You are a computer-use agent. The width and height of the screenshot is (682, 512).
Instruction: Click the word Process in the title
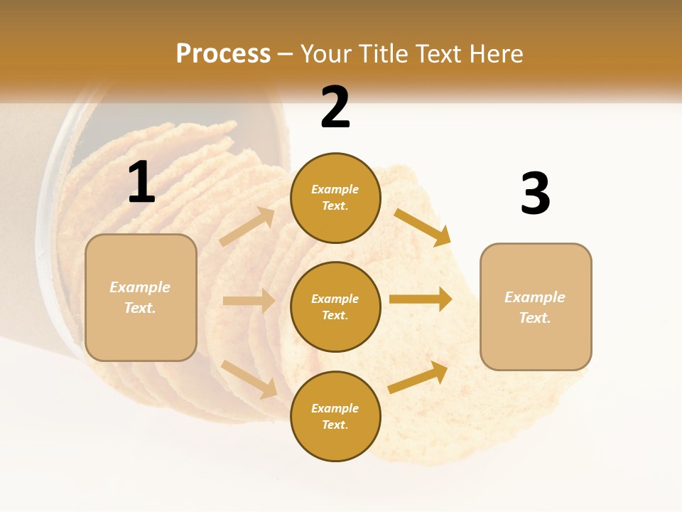click(x=223, y=53)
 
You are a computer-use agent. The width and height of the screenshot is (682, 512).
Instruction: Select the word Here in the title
click(x=494, y=53)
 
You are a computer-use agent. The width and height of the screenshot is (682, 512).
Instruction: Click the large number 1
click(x=141, y=183)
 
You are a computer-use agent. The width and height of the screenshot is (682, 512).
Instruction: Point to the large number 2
click(x=335, y=107)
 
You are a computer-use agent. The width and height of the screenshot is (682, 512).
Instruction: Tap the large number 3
click(x=535, y=193)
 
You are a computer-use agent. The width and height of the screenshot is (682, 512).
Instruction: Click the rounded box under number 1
click(x=141, y=297)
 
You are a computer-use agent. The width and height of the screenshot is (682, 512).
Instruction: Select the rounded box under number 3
click(x=536, y=306)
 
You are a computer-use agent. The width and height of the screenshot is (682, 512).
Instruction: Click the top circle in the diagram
click(x=335, y=198)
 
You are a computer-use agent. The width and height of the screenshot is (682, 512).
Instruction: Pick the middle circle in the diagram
click(x=335, y=306)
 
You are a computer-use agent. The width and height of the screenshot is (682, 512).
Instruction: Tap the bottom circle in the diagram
click(x=335, y=416)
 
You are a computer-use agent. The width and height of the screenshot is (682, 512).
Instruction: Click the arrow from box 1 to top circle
click(x=248, y=227)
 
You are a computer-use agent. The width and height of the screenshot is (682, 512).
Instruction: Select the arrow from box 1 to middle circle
click(x=249, y=301)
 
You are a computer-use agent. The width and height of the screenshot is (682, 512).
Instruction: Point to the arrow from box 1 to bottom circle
click(x=249, y=378)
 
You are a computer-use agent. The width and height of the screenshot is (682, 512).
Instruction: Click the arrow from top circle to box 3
click(x=423, y=227)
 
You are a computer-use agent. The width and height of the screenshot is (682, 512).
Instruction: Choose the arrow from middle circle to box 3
click(x=421, y=299)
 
